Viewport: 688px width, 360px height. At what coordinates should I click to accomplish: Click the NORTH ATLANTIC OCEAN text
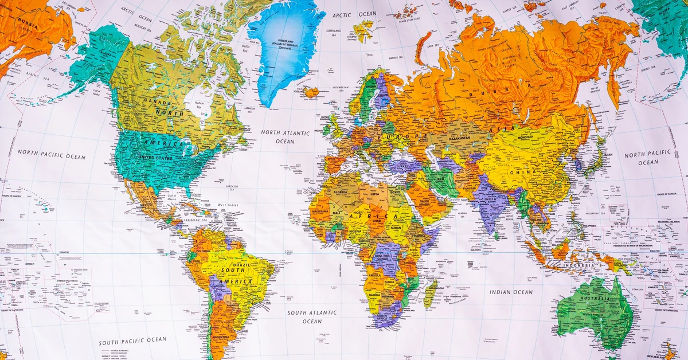coord(285,137)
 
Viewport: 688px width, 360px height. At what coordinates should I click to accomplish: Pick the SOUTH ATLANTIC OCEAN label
coord(312,317)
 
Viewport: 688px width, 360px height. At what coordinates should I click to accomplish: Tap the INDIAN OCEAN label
coord(511,292)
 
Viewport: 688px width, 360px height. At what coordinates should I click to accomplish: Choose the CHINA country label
coord(526,172)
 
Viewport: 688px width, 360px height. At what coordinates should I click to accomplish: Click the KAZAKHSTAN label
coord(456,139)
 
